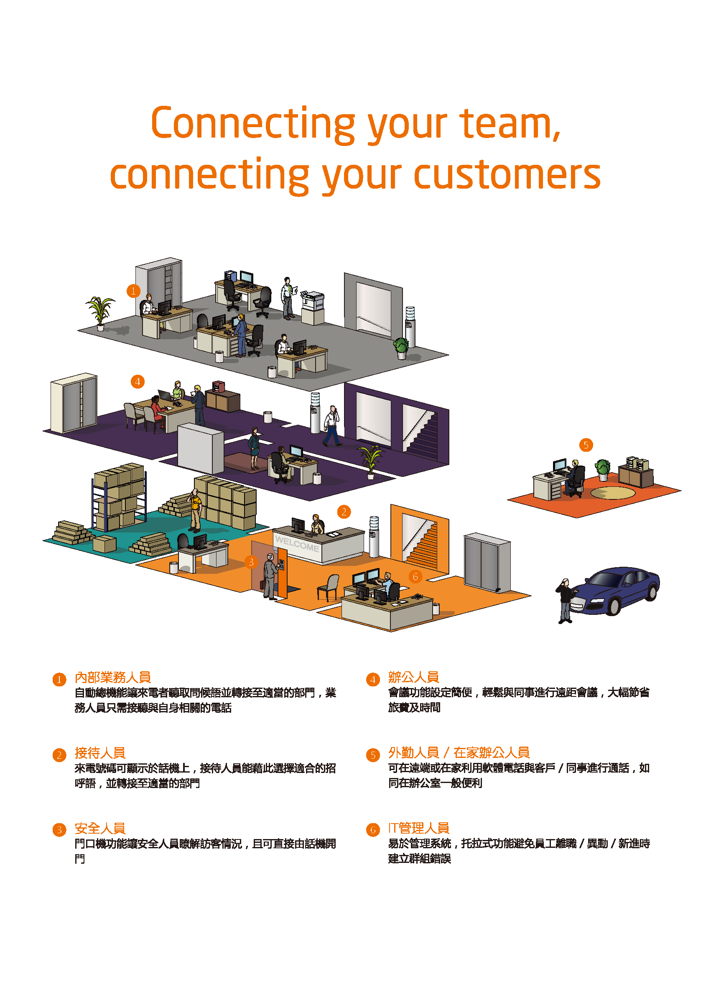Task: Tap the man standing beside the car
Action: pos(565,600)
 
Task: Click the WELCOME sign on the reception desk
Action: pos(297,544)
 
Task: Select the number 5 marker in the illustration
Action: pos(586,445)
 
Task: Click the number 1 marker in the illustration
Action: pos(133,291)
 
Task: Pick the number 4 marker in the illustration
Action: pos(138,381)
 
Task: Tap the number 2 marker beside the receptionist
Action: pos(344,512)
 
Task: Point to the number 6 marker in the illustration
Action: pos(415,576)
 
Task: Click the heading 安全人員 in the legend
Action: pos(100,828)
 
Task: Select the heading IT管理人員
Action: pos(418,828)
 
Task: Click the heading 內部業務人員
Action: pos(112,677)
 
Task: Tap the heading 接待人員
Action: pos(100,752)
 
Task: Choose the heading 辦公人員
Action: pos(413,677)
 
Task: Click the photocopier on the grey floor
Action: pos(313,307)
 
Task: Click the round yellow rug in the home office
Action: pos(612,493)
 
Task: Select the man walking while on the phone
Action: pos(332,425)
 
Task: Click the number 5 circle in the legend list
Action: pos(372,755)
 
